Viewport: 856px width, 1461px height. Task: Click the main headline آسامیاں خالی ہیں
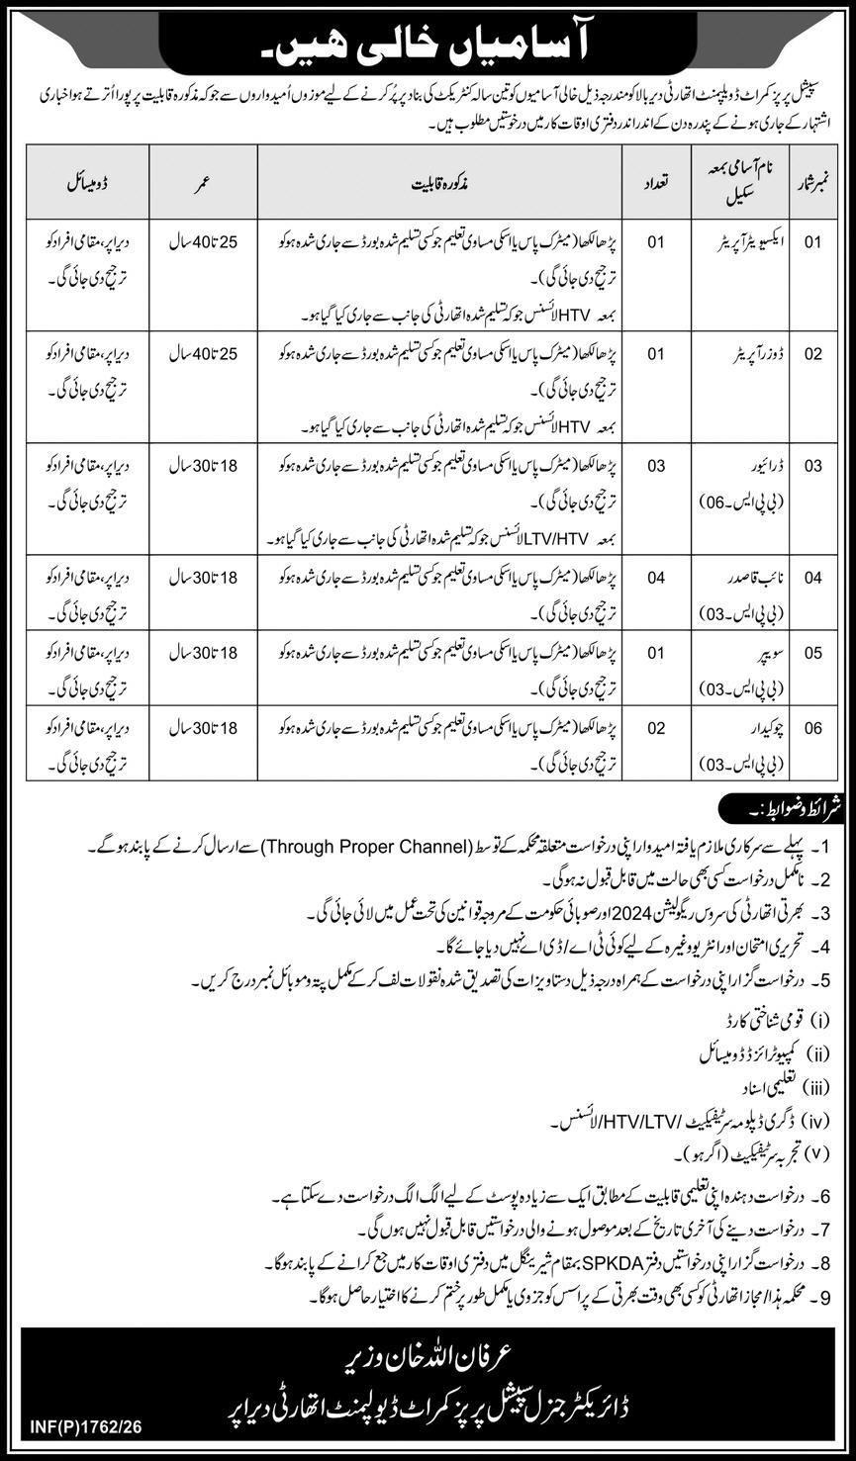click(427, 39)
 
